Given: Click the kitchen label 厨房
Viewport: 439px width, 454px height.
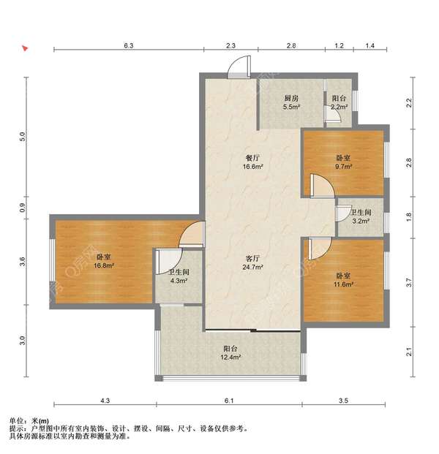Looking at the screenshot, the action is click(x=291, y=98).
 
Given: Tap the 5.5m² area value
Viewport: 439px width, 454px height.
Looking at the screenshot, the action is click(x=291, y=107).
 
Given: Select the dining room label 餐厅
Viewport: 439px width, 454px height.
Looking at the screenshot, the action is click(x=252, y=158).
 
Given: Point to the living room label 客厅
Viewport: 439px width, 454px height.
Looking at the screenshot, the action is click(x=252, y=258).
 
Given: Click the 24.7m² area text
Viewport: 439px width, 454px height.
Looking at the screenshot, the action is click(x=252, y=267).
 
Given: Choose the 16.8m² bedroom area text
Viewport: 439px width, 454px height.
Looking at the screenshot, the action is click(x=104, y=265).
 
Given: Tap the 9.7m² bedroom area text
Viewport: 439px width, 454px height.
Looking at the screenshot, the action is click(x=343, y=167).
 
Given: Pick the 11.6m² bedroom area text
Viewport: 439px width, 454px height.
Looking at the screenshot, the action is click(x=343, y=284).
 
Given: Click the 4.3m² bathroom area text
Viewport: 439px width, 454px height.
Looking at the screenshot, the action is click(x=179, y=281).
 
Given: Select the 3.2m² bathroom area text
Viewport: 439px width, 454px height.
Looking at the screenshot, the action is click(x=361, y=221).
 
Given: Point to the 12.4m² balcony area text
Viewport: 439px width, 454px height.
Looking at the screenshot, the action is click(x=230, y=357).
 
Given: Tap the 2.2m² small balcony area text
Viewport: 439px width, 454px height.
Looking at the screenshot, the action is click(x=339, y=107).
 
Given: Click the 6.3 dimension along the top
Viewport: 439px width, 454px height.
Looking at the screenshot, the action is click(x=129, y=45).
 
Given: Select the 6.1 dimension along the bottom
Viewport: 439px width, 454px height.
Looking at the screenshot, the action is click(x=229, y=401).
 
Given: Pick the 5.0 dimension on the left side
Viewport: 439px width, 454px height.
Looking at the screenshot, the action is click(x=23, y=137).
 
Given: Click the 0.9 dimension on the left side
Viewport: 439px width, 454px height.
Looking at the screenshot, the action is click(x=23, y=208).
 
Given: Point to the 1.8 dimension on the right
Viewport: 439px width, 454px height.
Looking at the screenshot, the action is click(x=409, y=216).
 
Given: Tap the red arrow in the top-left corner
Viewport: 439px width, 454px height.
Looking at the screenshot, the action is click(x=25, y=48).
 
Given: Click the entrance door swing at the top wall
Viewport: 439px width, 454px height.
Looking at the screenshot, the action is click(x=239, y=67).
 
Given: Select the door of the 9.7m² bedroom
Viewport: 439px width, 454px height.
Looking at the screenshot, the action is click(x=322, y=186).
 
